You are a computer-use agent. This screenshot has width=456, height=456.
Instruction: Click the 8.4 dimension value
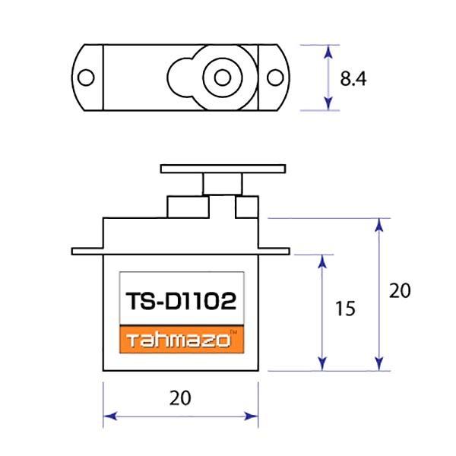(x=353, y=78)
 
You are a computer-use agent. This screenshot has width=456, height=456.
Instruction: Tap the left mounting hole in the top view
(x=86, y=78)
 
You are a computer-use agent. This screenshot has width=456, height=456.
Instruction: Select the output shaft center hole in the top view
(x=222, y=78)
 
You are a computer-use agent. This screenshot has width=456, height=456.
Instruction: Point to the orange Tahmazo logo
(x=180, y=340)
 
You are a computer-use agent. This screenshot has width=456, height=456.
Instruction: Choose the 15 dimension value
(x=344, y=309)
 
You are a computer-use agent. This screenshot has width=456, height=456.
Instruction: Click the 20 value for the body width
(x=181, y=397)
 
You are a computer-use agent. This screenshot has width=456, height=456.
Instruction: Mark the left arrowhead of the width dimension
(x=107, y=416)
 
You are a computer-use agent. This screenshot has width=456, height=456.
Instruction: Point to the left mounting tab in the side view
(x=87, y=250)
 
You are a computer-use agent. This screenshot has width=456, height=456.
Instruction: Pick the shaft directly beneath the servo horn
(x=222, y=184)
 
